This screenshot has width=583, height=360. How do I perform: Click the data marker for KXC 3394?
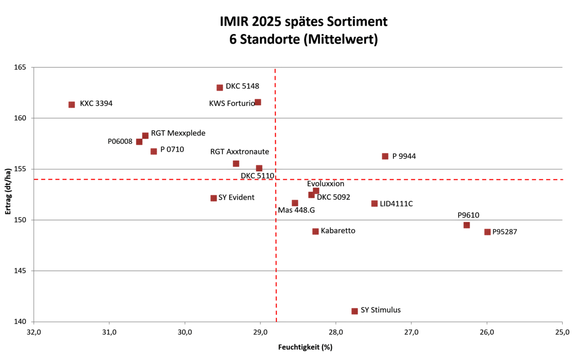point(71,104)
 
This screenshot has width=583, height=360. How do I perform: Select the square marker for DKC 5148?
point(220,87)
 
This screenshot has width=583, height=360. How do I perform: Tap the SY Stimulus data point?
point(355,311)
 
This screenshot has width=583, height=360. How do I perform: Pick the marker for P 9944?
point(385,156)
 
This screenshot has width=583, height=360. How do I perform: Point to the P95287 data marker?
point(487,232)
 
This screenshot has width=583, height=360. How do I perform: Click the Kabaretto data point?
point(315,231)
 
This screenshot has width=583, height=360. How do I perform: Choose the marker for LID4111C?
point(374,204)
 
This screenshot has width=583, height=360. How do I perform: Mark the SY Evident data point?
point(213,198)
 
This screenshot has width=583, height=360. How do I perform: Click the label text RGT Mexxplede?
point(178,133)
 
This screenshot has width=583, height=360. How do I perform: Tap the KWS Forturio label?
point(232,103)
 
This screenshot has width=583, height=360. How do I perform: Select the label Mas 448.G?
point(296,210)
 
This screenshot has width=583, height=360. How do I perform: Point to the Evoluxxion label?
point(326,184)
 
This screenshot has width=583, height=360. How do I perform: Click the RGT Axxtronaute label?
point(240,152)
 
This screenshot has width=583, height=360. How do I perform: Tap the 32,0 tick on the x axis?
point(34,332)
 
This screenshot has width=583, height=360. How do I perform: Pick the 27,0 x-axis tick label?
point(411,332)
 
